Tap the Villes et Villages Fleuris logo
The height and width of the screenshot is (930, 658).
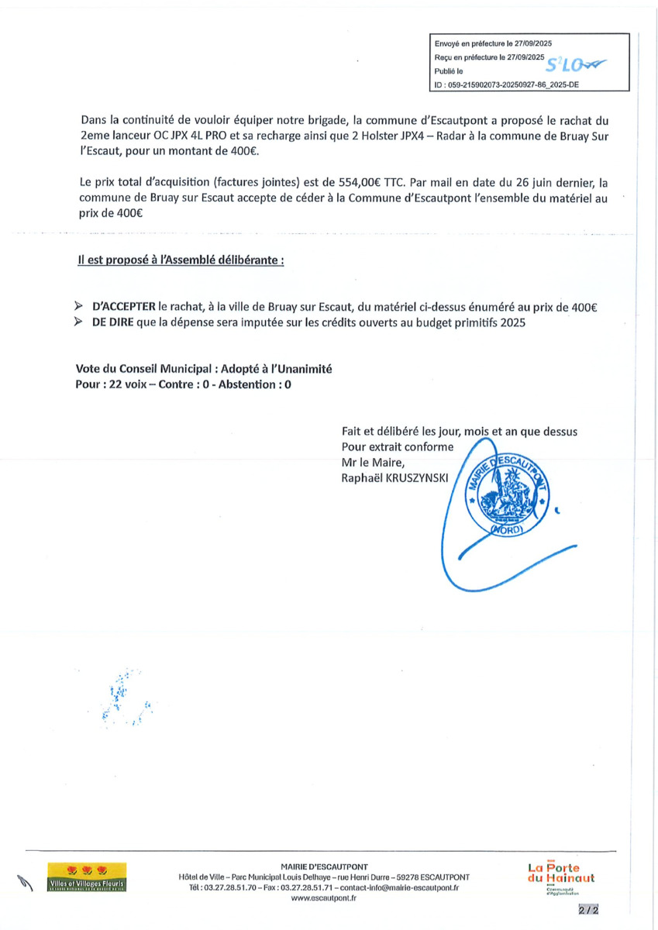click(x=87, y=877)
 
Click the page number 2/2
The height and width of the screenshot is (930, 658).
click(x=588, y=909)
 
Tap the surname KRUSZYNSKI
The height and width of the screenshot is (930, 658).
click(x=415, y=478)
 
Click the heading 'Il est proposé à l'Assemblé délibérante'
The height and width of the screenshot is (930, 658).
click(x=181, y=261)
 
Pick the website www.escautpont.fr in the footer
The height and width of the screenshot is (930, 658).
click(x=324, y=898)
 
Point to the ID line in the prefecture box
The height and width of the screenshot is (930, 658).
click(x=507, y=86)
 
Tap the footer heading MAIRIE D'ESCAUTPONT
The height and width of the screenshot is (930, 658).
click(x=324, y=866)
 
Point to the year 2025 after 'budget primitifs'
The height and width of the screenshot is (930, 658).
click(x=512, y=323)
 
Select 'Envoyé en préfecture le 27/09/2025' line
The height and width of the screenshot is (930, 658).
click(x=493, y=43)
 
